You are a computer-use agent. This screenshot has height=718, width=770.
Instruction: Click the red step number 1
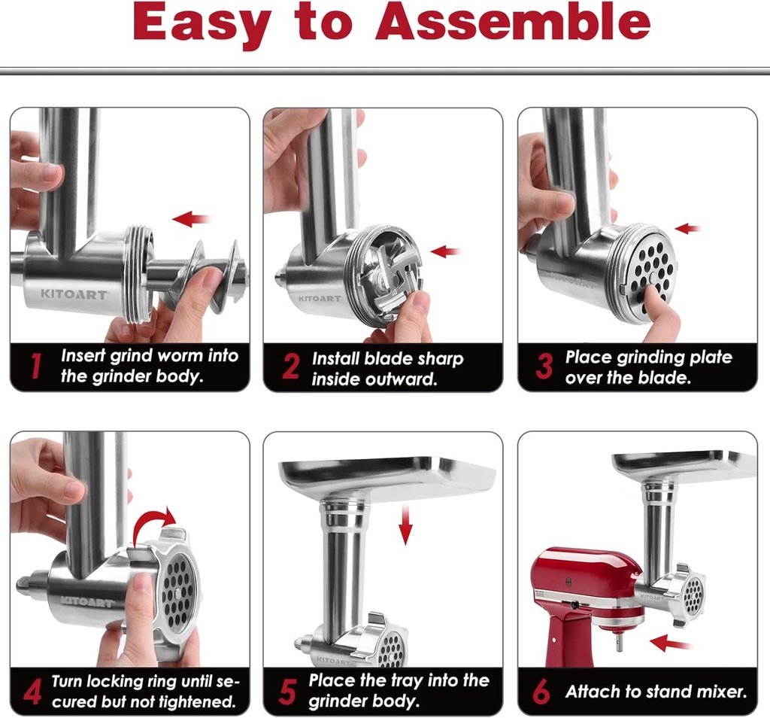click(33, 367)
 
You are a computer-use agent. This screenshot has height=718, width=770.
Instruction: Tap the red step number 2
click(290, 367)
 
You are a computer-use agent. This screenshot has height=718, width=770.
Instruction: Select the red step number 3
click(543, 367)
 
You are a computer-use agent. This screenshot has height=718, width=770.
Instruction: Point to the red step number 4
click(32, 692)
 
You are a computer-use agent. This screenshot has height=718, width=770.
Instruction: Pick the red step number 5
click(287, 692)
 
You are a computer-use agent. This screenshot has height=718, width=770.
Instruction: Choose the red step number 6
click(541, 692)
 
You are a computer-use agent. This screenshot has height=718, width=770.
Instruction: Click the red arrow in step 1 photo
click(191, 219)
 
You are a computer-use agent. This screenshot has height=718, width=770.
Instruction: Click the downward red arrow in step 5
click(405, 525)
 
